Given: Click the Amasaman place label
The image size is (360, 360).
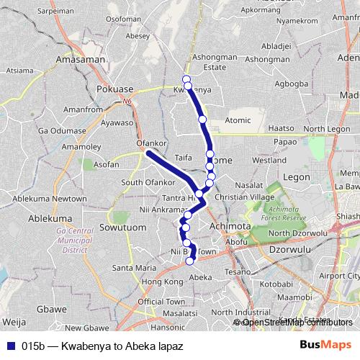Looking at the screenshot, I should click(81, 60).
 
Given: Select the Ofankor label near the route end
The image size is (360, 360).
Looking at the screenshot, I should click(151, 143).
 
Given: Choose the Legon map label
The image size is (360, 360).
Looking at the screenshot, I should click(297, 176).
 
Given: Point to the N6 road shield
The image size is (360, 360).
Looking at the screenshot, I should click(127, 102).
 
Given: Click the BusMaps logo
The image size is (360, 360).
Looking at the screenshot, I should click(325, 346).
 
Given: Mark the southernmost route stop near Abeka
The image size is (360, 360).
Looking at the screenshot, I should click(191, 261).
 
